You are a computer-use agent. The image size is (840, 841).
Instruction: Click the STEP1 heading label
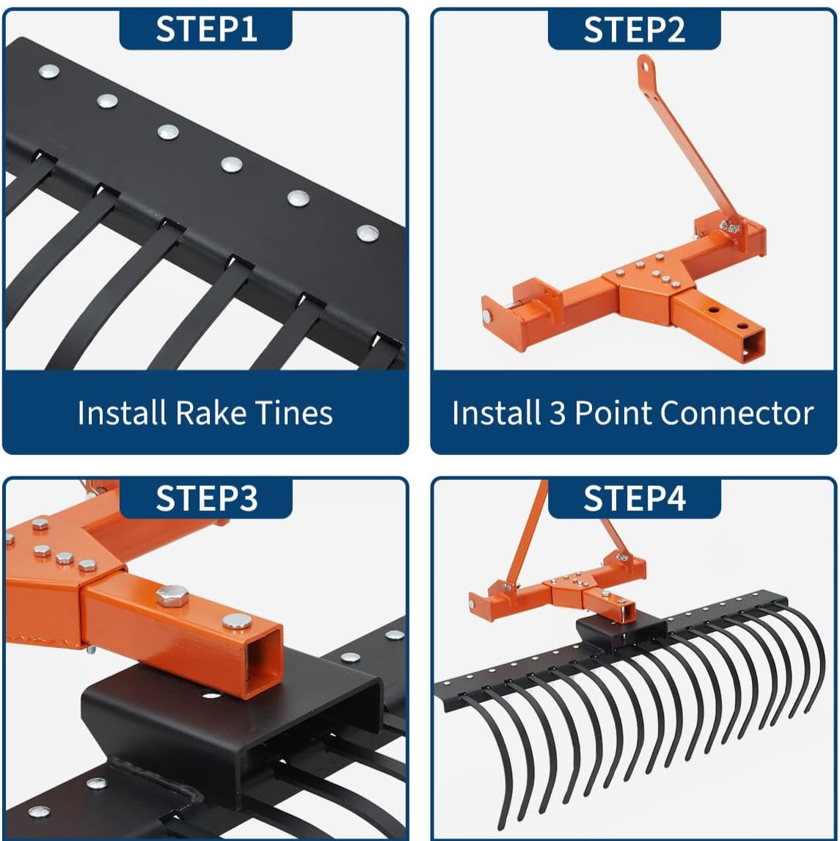point(206,29)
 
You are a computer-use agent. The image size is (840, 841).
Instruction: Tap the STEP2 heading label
point(634,29)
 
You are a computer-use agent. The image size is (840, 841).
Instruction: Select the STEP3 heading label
point(206,498)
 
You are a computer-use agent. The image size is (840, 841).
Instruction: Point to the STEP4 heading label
point(634,498)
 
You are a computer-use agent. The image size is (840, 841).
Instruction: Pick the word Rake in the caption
point(211,413)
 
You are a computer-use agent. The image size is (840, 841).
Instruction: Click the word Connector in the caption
point(737,413)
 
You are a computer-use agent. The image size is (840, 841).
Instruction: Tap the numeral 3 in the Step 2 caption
point(557,413)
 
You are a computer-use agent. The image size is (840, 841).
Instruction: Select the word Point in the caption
point(613,413)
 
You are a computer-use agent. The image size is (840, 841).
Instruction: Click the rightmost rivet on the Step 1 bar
point(368,233)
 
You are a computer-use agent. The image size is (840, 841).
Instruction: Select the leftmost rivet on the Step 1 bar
point(48,70)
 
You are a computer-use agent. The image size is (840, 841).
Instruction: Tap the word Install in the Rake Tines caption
point(122,413)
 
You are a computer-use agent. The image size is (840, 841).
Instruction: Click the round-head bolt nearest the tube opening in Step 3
point(237,621)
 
